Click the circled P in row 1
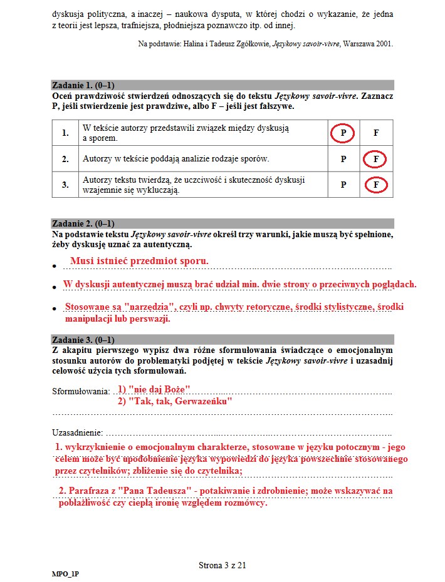tap(343, 133)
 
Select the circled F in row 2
tap(375, 160)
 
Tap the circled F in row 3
tap(375, 185)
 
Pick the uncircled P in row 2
tap(343, 160)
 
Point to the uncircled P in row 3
tap(343, 185)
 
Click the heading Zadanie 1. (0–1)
tap(83, 85)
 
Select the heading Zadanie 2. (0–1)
tap(83, 223)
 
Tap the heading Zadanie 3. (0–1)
tap(83, 340)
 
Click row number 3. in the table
tap(65, 185)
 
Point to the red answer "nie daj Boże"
tap(154, 389)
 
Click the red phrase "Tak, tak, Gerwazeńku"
tap(175, 401)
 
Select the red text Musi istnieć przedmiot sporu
tap(139, 261)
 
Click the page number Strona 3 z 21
tap(223, 565)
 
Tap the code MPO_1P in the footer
tap(65, 574)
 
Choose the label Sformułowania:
tap(80, 392)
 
